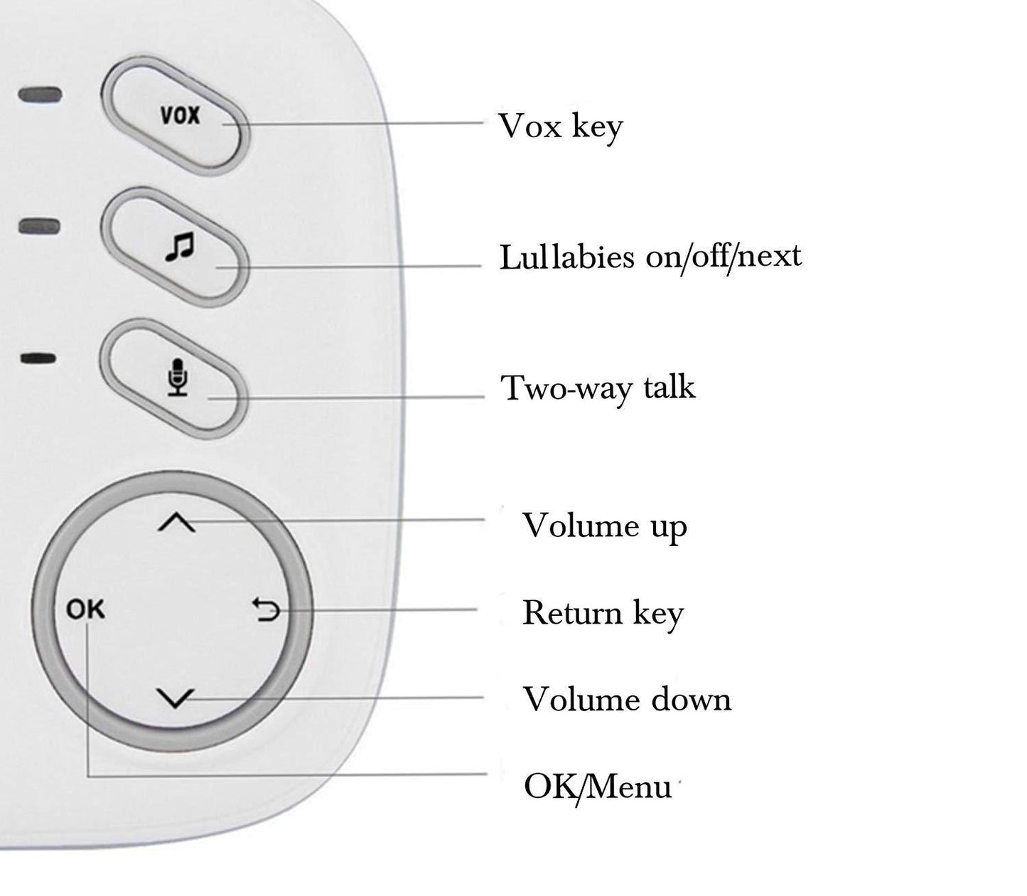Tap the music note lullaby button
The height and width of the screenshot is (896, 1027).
pos(178,247)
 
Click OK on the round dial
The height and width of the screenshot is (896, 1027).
pos(85,609)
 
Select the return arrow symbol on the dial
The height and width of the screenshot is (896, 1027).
pos(267,609)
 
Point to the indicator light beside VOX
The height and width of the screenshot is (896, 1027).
pos(40,95)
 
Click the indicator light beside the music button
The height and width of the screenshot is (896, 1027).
pos(40,227)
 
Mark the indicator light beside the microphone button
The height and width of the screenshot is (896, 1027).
pos(38,358)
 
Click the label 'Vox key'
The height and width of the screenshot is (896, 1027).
pos(560,127)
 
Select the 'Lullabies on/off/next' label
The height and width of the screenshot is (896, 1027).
pos(650,257)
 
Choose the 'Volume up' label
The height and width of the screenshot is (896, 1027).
pos(605,527)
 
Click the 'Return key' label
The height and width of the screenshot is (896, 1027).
pos(603,614)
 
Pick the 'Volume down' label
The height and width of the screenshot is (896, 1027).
pos(627,700)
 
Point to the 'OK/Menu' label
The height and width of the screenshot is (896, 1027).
pos(597,787)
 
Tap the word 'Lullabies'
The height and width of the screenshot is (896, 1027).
pos(566,257)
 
